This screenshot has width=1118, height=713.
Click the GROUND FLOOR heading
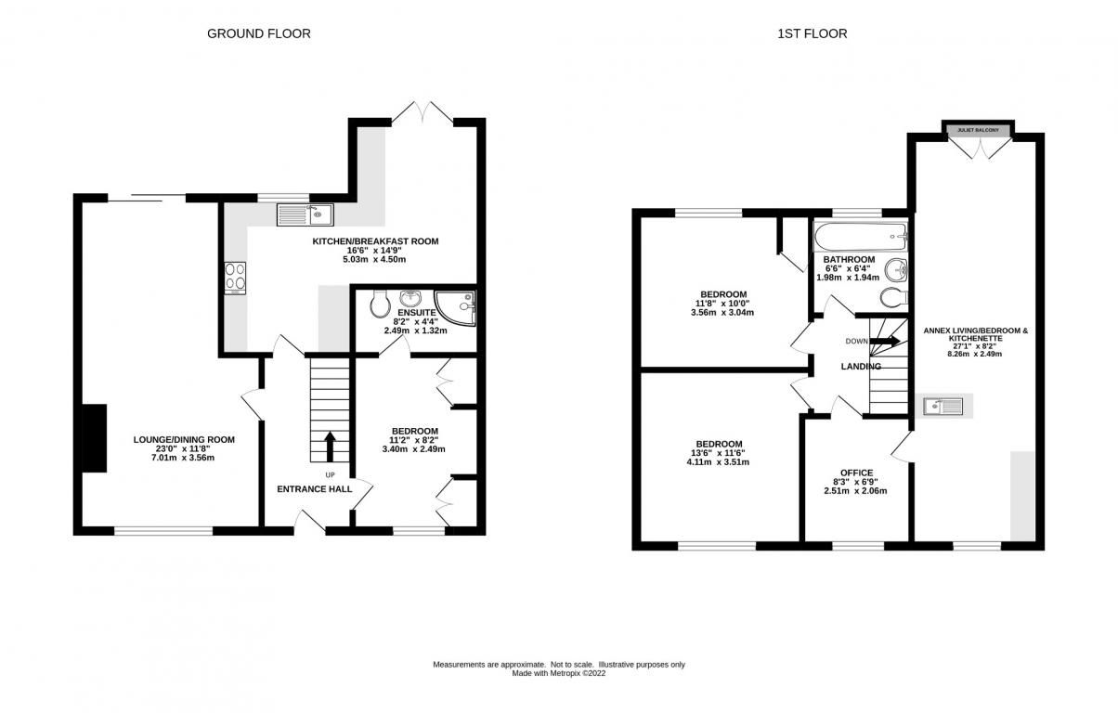pyautogui.click(x=258, y=33)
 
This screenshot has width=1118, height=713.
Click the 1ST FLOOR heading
pyautogui.click(x=812, y=33)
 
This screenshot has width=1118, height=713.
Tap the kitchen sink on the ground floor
pyautogui.click(x=305, y=214)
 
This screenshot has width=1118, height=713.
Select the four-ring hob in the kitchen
pyautogui.click(x=235, y=278)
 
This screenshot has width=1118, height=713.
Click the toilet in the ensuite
pyautogui.click(x=381, y=303)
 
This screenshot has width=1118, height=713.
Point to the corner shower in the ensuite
pyautogui.click(x=455, y=308)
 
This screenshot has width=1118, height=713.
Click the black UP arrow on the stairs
pyautogui.click(x=330, y=447)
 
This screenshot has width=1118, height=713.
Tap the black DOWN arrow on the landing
pyautogui.click(x=885, y=342)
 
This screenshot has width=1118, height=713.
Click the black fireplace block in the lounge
pyautogui.click(x=95, y=438)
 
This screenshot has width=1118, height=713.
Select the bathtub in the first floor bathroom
pyautogui.click(x=861, y=237)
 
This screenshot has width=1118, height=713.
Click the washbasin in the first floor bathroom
pyautogui.click(x=896, y=271)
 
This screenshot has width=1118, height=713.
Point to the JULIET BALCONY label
pyautogui.click(x=979, y=130)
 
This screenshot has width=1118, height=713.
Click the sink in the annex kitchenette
pyautogui.click(x=942, y=406)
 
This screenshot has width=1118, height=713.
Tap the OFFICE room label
pyautogui.click(x=856, y=473)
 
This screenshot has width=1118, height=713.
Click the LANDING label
pyautogui.click(x=861, y=366)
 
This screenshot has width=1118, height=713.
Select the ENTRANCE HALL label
pyautogui.click(x=315, y=489)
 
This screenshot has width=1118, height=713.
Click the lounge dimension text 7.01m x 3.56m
pyautogui.click(x=183, y=458)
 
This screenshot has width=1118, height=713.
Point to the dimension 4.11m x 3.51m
pyautogui.click(x=718, y=462)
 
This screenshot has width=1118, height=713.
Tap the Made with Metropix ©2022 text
pyautogui.click(x=559, y=673)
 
